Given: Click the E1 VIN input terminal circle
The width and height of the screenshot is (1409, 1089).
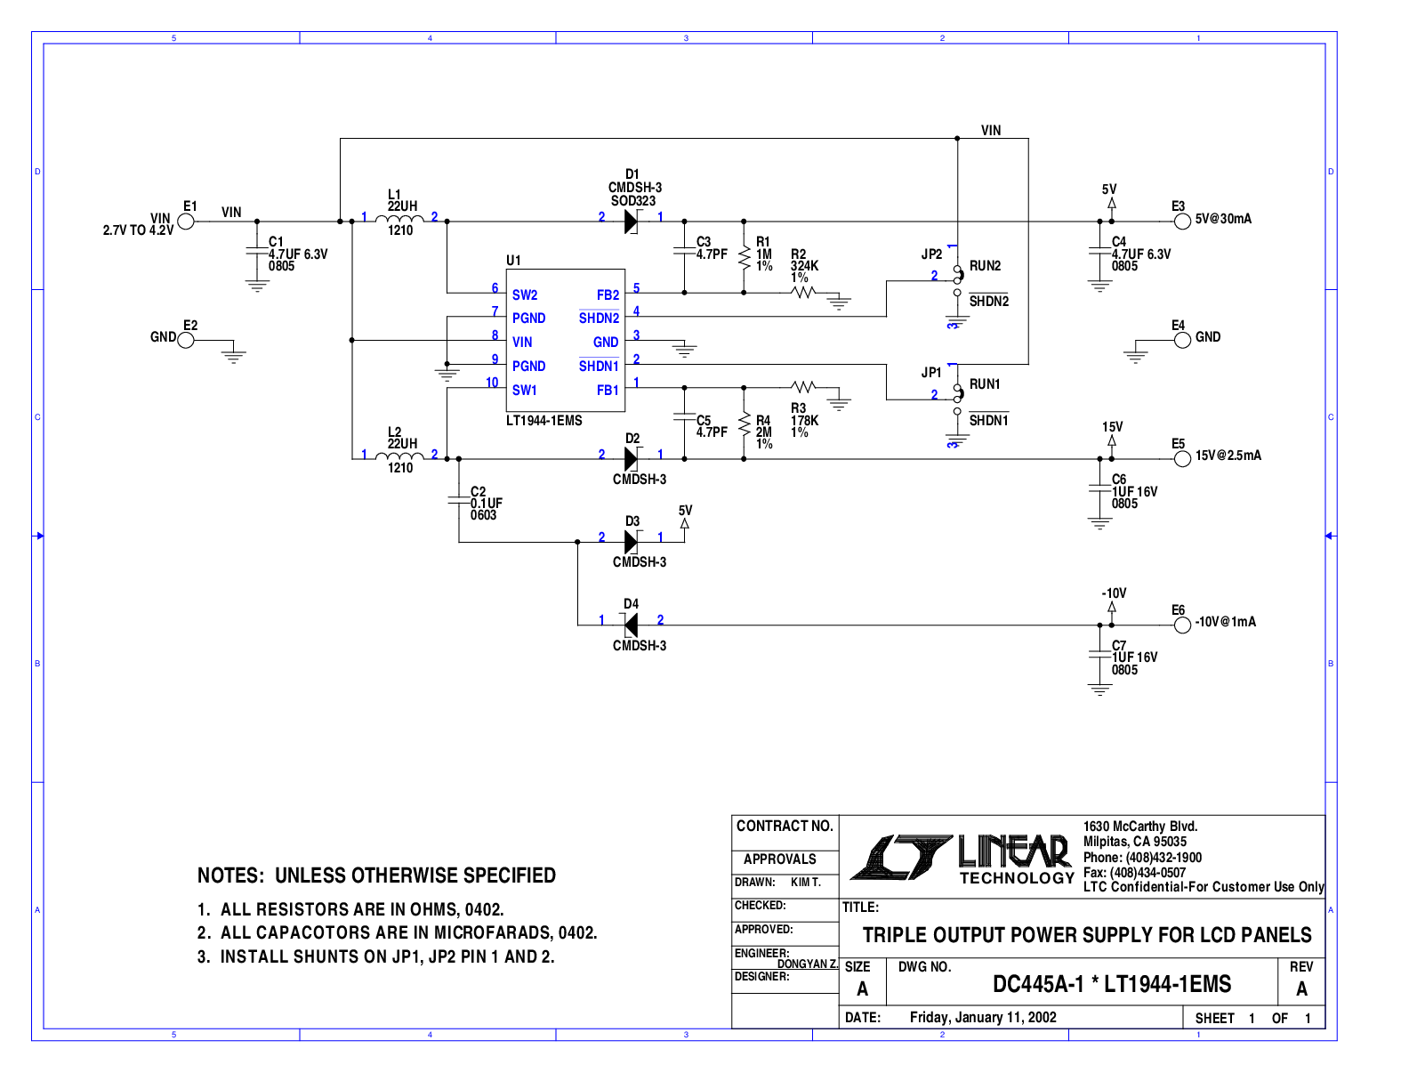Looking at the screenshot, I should click(x=186, y=222).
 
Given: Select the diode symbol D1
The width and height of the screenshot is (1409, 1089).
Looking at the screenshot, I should click(x=631, y=222).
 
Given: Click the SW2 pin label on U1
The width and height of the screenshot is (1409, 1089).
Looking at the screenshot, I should click(x=525, y=295).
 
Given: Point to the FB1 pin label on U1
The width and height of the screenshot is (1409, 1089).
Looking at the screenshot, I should click(x=608, y=391).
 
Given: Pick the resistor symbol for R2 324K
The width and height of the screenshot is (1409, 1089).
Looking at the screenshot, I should click(x=803, y=292).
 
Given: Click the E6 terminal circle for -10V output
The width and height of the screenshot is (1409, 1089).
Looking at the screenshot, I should click(x=1182, y=625).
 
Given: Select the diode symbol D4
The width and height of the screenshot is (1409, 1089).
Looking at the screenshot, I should click(x=631, y=625).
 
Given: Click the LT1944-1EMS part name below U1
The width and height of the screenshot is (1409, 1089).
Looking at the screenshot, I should click(x=544, y=421).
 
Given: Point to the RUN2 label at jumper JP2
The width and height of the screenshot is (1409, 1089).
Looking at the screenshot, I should click(x=985, y=266).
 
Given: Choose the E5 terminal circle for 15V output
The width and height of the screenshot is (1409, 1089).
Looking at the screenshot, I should click(x=1182, y=459).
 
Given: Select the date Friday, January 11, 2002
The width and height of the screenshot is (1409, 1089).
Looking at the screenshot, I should click(x=983, y=1018).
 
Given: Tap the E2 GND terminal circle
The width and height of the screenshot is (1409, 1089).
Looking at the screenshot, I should click(x=186, y=340).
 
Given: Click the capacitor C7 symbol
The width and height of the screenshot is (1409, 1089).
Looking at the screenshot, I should click(x=1100, y=656).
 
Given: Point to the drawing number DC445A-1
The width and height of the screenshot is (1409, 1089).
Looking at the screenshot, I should click(x=1038, y=985).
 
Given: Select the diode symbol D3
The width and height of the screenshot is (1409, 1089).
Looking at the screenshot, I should click(x=631, y=542).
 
